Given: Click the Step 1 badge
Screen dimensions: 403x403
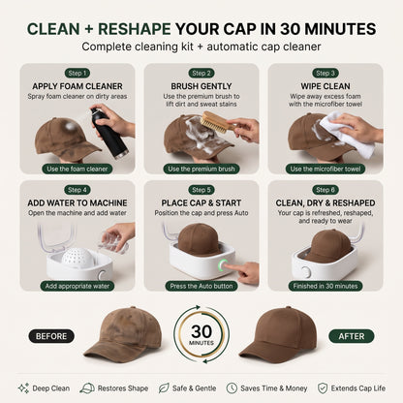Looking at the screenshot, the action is (77, 74).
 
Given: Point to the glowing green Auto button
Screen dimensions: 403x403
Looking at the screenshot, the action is (223, 266).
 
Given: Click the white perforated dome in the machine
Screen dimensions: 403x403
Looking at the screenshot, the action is (77, 258).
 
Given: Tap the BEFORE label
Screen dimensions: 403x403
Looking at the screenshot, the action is (51, 336).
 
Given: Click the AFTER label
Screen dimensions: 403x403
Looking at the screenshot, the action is (352, 336).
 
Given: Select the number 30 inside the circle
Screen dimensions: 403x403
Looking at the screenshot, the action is (201, 331).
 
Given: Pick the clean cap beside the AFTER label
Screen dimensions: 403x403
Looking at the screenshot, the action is (278, 335).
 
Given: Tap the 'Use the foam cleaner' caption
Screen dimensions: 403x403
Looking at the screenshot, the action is (77, 169).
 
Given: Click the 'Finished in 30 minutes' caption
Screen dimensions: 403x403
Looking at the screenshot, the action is (325, 286).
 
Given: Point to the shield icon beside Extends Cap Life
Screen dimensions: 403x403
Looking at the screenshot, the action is (323, 388).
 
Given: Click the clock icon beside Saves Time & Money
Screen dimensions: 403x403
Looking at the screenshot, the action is (232, 388).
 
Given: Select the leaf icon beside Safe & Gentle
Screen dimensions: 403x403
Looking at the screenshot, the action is (164, 387).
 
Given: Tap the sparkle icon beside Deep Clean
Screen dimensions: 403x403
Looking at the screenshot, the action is (23, 387).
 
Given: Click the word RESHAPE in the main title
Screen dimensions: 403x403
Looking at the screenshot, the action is (135, 29).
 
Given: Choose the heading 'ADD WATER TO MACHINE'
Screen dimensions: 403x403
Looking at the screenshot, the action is (77, 203).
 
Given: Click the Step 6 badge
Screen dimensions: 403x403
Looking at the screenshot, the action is (325, 190).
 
